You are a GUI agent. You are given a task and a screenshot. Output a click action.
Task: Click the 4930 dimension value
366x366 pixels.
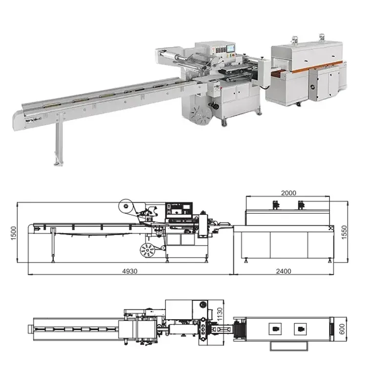[130, 271]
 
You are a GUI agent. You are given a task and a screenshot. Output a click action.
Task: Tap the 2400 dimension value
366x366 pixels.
[284, 271]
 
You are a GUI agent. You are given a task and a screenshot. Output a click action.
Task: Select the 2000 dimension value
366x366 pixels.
[288, 193]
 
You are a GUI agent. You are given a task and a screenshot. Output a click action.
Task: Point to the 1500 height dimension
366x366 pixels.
[14, 233]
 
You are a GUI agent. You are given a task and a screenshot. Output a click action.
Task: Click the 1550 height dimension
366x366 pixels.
[345, 232]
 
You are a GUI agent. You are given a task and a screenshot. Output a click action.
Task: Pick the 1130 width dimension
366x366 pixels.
[220, 314]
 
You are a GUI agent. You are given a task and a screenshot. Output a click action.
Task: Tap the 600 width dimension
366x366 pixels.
[342, 328]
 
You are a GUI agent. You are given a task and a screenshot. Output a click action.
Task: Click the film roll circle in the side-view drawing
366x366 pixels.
[125, 206]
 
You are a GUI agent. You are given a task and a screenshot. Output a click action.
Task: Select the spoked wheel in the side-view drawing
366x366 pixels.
[147, 250]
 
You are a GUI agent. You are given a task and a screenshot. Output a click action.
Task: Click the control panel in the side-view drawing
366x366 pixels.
[179, 210]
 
